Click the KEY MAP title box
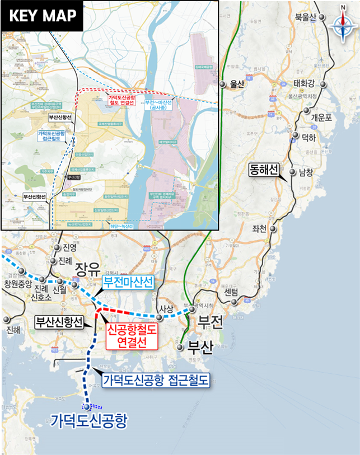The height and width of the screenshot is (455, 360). (x=43, y=16)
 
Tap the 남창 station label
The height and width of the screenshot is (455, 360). (x=306, y=172)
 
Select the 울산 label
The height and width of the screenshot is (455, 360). (x=237, y=85)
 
